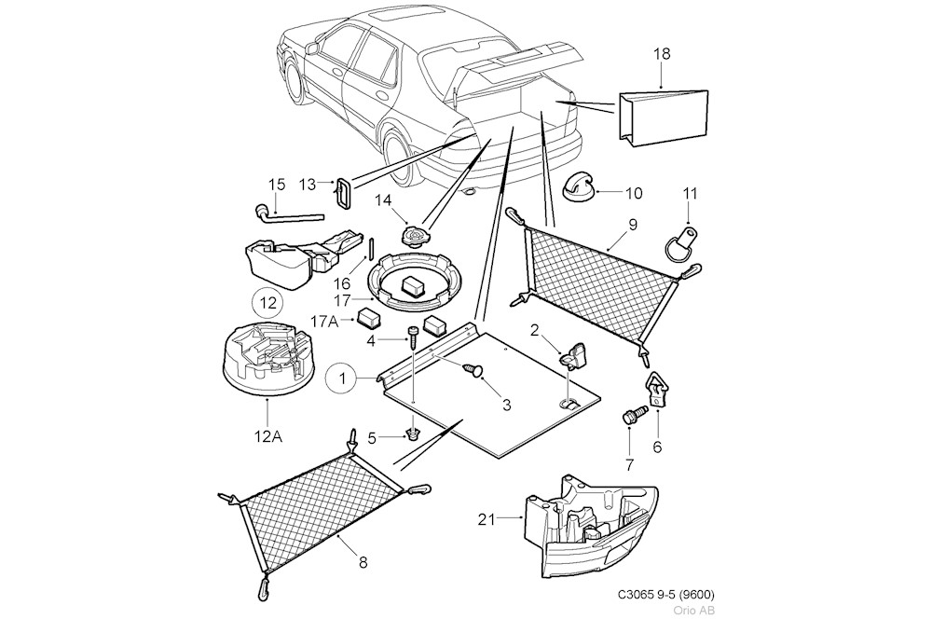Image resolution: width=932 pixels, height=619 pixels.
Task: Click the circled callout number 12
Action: [x=268, y=303]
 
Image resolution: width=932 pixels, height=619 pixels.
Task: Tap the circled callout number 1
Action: [x=341, y=378]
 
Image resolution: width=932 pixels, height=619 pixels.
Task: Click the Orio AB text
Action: [x=695, y=611]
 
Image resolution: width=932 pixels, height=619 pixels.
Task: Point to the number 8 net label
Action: [x=363, y=562]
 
